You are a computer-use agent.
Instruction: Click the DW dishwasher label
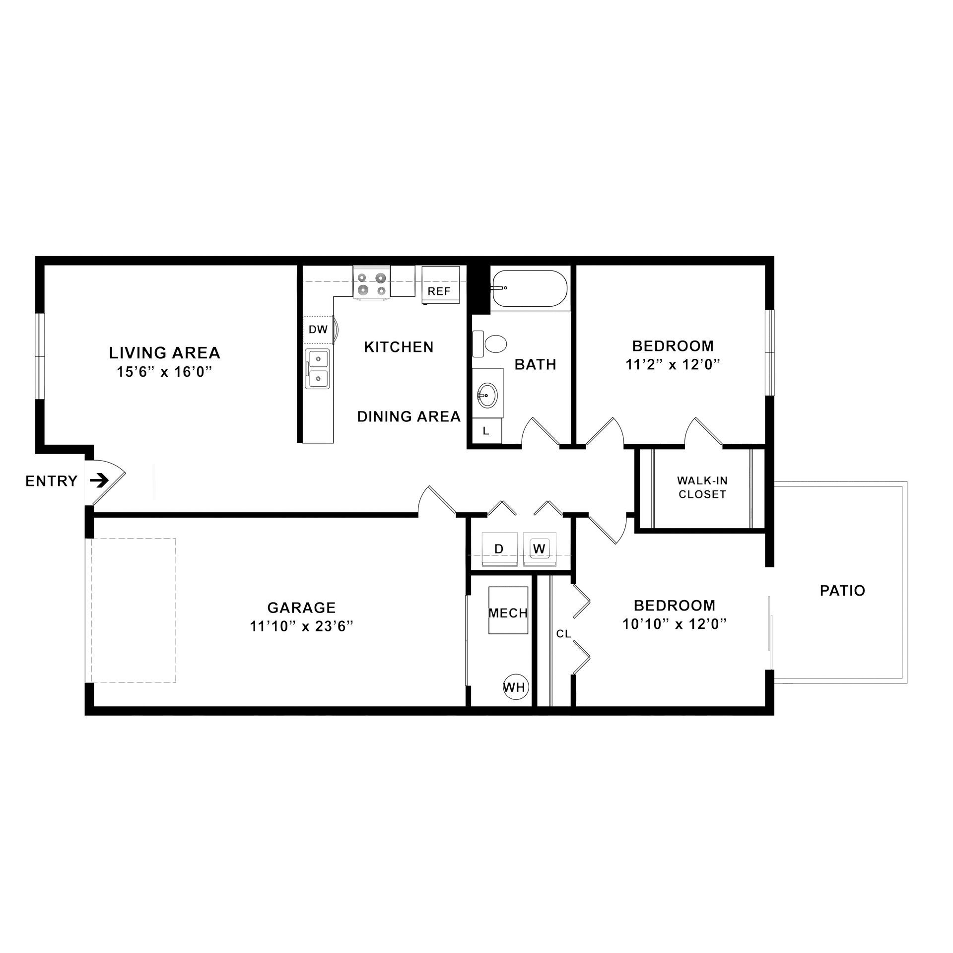318,329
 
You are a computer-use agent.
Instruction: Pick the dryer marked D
499,548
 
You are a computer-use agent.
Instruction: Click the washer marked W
540,548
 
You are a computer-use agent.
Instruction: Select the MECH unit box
508,613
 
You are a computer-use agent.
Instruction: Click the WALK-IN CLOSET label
702,487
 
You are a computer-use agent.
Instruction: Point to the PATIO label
842,590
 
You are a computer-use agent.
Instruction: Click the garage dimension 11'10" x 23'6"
301,626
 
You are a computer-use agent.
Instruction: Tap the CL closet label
563,634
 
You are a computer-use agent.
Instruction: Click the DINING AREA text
409,416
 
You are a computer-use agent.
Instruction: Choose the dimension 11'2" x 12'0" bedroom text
673,364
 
